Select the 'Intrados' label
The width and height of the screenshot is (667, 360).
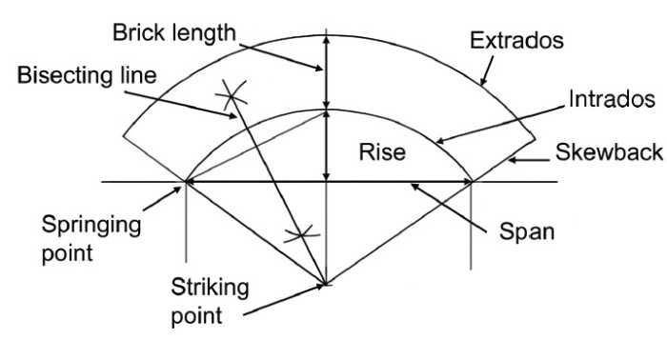[x=611, y=97]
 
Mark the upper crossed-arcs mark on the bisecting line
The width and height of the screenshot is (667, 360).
[x=232, y=94]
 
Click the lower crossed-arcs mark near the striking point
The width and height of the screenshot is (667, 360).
[x=301, y=233]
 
